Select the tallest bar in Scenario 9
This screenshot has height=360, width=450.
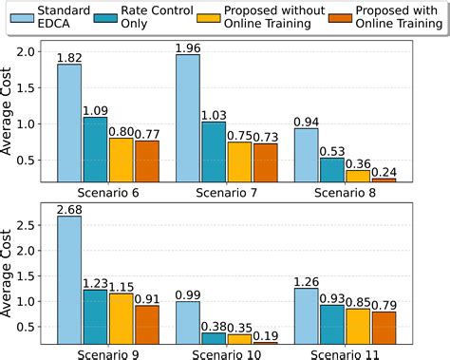coord(68,279)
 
